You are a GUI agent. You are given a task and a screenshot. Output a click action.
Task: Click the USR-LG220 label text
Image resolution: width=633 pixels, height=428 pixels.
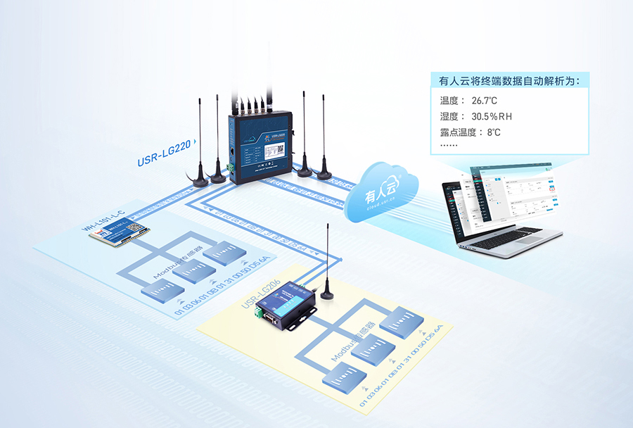tap(164, 154)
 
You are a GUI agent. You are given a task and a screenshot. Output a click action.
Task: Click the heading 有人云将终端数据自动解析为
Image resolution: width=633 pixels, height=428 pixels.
tap(509, 80)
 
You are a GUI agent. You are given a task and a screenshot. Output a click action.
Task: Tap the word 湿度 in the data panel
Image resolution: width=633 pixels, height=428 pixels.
tap(449, 116)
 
